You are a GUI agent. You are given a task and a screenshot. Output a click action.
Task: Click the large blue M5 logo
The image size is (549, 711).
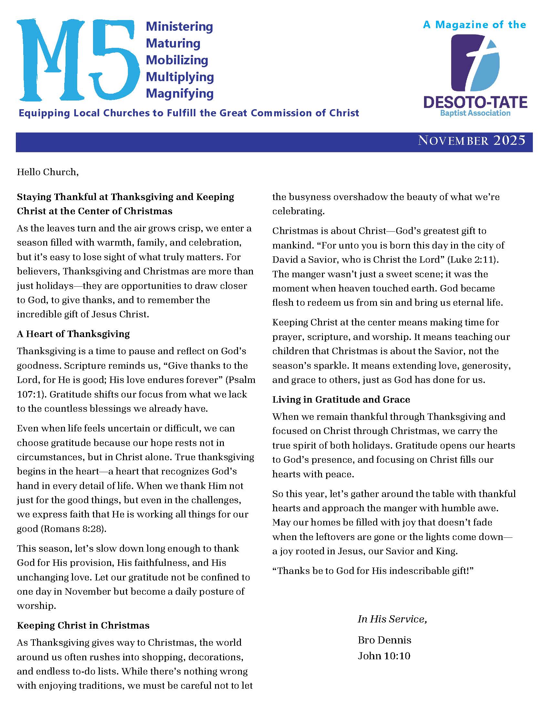coord(78,60)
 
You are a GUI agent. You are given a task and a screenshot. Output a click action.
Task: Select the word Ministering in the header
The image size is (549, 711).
coord(179,27)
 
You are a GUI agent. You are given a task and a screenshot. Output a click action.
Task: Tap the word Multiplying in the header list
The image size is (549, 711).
coord(180,77)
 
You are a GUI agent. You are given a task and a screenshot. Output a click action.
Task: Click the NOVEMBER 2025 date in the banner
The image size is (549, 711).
coord(471,141)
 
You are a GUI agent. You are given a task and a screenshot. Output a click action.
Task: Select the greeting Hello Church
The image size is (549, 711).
coord(48,172)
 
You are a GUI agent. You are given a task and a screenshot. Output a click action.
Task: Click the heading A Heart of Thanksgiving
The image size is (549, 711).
coord(73,334)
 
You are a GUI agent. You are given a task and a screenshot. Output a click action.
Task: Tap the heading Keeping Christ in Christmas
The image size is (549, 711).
coord(83,625)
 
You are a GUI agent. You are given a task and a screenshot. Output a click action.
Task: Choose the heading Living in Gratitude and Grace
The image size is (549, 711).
coord(341,399)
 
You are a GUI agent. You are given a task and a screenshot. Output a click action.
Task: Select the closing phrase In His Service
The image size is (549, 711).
coord(392,619)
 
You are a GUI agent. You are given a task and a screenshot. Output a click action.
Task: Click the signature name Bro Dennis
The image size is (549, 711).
coord(384,640)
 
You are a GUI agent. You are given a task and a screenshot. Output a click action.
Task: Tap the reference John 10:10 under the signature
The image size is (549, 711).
coord(384,656)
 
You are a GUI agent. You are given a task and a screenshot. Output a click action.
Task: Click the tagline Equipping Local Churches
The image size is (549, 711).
coord(189,113)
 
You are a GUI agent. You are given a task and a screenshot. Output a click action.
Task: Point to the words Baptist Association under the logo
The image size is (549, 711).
coord(475,113)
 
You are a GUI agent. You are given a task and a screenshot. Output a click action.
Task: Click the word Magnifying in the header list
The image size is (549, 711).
coord(180,93)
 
